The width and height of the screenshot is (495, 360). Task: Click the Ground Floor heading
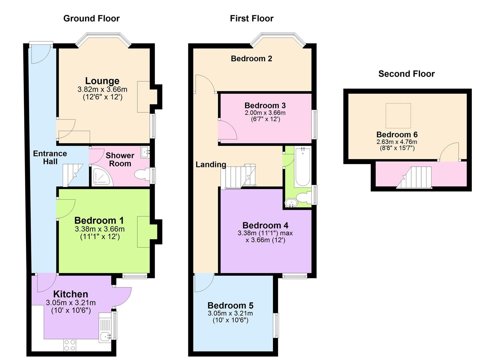tap(91, 18)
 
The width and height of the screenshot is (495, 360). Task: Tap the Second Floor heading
tap(406, 74)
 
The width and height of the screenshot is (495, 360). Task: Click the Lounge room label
tap(102, 81)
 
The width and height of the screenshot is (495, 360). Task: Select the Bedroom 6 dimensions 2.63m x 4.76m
tap(397, 142)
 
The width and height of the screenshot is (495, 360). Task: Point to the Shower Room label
tap(120, 160)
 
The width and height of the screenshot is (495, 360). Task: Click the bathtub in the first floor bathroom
tap(302, 167)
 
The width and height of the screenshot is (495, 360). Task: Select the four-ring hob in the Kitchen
tap(70, 345)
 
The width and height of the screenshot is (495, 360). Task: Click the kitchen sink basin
tap(105, 337)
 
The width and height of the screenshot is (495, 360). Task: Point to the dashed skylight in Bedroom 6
tap(398, 116)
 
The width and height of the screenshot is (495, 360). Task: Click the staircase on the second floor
tap(414, 177)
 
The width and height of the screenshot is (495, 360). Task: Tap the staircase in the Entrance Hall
tap(73, 175)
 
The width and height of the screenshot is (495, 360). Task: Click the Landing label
tap(211, 164)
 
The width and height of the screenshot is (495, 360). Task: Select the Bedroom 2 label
tap(251, 59)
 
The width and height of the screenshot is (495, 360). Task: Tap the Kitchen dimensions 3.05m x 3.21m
tap(71, 303)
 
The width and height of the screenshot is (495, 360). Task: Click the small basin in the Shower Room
tap(145, 152)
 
